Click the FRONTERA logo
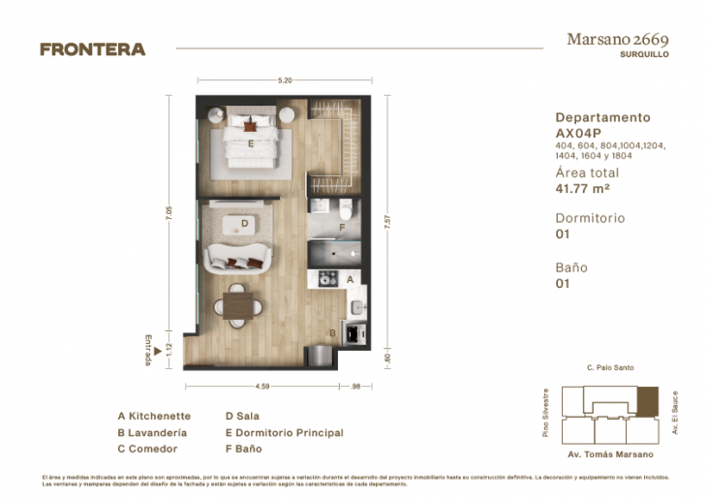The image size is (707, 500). [92, 49]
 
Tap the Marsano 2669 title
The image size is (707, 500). [617, 40]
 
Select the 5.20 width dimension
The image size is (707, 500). [285, 80]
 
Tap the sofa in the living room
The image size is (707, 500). [237, 256]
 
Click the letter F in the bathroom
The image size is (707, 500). [342, 229]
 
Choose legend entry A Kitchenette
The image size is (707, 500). [154, 416]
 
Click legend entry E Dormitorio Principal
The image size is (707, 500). [284, 433]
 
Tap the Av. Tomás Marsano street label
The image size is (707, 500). [609, 454]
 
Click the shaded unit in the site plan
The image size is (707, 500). [646, 398]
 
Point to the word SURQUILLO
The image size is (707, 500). [644, 55]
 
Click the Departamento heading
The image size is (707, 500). [602, 117]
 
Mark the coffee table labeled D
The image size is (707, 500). [243, 225]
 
